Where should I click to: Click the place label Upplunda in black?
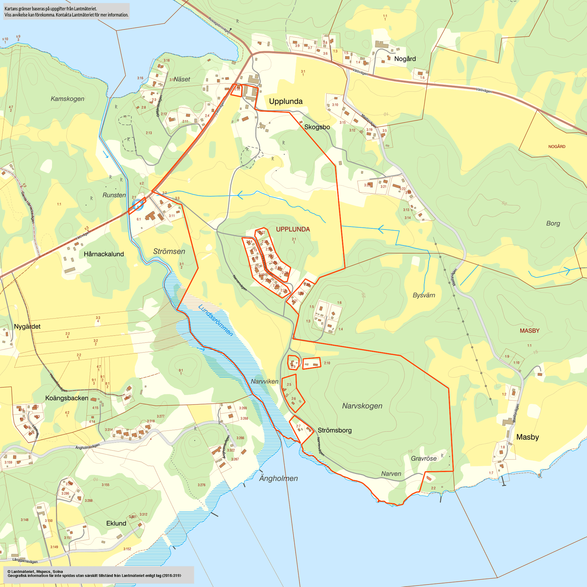[x=286, y=101]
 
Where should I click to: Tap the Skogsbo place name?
[x=317, y=127]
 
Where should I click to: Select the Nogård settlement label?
[x=405, y=59]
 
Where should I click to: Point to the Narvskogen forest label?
[x=362, y=406]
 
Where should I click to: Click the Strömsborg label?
[x=334, y=430]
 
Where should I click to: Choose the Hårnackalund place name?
[x=104, y=254]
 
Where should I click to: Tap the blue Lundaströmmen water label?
[x=216, y=320]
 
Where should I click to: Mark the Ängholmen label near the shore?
[x=278, y=478]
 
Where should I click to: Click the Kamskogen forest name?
[x=68, y=99]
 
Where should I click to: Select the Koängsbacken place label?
[x=67, y=398]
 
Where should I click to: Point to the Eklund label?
[x=116, y=523]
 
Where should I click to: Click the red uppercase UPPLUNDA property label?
[x=293, y=229]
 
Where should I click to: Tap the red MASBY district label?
[x=529, y=331]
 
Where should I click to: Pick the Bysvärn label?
[x=424, y=295]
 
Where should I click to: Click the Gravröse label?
[x=423, y=459]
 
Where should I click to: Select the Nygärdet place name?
[x=27, y=327]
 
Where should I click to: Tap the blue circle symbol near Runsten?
[x=138, y=204]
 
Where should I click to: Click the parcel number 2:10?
[x=327, y=363]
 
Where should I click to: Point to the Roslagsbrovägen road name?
[x=220, y=26]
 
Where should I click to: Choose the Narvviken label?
[x=264, y=381]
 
